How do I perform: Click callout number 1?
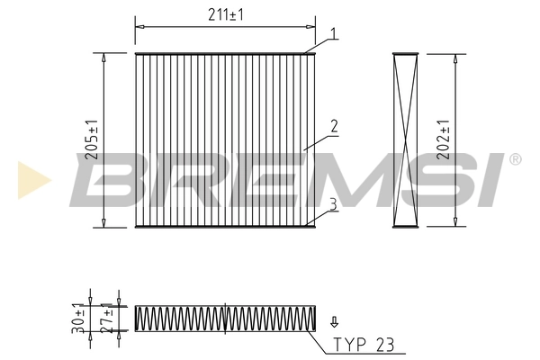tap(333, 34)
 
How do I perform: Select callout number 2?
tap(333, 127)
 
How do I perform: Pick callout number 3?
tap(333, 204)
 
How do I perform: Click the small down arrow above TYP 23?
tap(335, 320)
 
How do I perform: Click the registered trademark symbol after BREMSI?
tap(515, 159)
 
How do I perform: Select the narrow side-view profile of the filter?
tap(406, 139)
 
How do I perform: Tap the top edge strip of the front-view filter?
tap(225, 54)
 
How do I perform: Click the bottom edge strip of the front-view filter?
tap(225, 225)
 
